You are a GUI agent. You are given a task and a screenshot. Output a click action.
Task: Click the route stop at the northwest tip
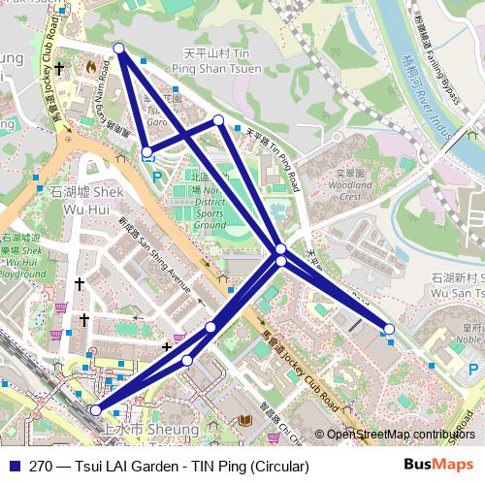click(119, 48)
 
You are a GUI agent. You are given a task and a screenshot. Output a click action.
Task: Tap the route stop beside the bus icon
click(146, 152)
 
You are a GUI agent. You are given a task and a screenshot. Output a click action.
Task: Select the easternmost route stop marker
click(390, 330)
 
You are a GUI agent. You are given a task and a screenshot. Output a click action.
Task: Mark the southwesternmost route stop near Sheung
click(95, 410)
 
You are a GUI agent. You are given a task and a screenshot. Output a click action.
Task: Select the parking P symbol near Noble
click(472, 369)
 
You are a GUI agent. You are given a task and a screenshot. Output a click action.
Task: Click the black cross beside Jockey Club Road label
click(59, 69)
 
